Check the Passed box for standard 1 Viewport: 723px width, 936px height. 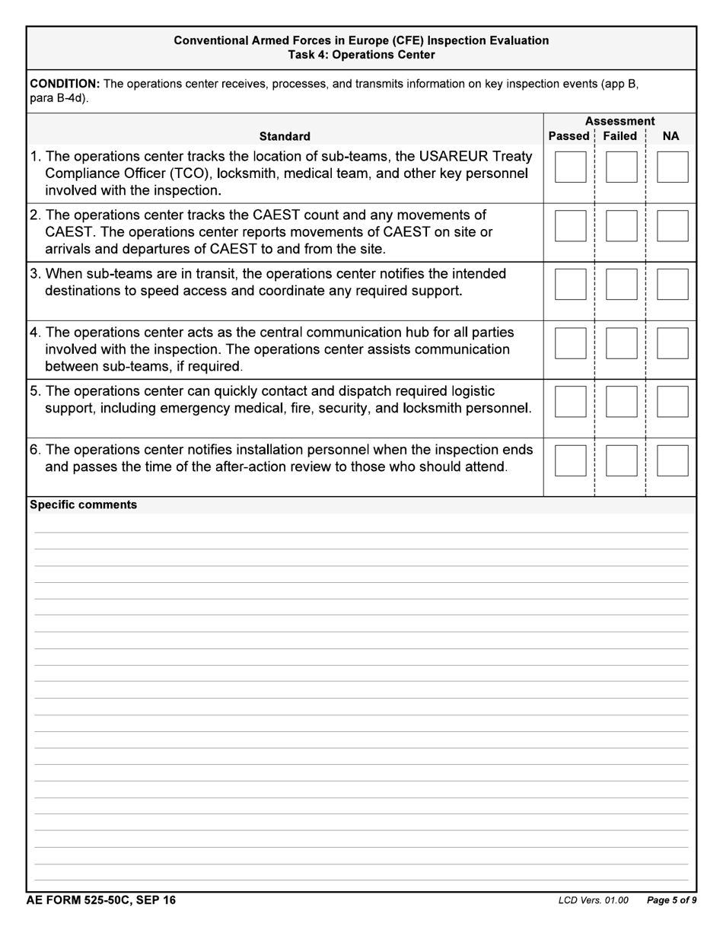tap(570, 167)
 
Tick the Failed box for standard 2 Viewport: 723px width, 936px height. tap(621, 226)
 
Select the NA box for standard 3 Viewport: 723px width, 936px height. tap(672, 285)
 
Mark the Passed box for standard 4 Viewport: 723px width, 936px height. tap(570, 343)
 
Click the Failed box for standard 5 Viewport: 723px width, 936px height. tap(621, 402)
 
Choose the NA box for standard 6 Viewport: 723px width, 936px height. tap(672, 460)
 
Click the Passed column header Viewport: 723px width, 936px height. tap(569, 136)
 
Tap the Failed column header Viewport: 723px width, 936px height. tap(619, 136)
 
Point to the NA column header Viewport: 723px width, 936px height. tap(670, 136)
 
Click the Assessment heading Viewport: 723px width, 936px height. tap(619, 122)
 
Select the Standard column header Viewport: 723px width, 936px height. tap(285, 136)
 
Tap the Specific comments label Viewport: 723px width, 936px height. tap(83, 505)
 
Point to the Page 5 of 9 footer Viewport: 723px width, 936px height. tap(671, 901)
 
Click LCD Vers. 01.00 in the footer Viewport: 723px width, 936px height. tap(593, 901)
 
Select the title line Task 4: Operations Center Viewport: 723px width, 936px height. tap(361, 55)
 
